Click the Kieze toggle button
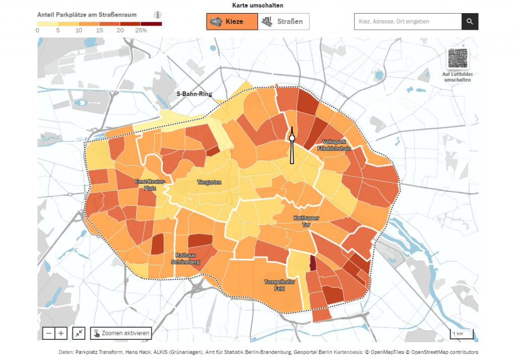232,22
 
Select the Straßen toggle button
284,22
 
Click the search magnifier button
470,22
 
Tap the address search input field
408,22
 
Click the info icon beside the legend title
158,15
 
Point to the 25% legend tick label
141,30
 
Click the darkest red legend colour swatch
151,23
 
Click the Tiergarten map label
209,182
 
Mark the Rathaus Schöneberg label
186,258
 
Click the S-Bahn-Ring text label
194,94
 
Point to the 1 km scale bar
461,334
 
